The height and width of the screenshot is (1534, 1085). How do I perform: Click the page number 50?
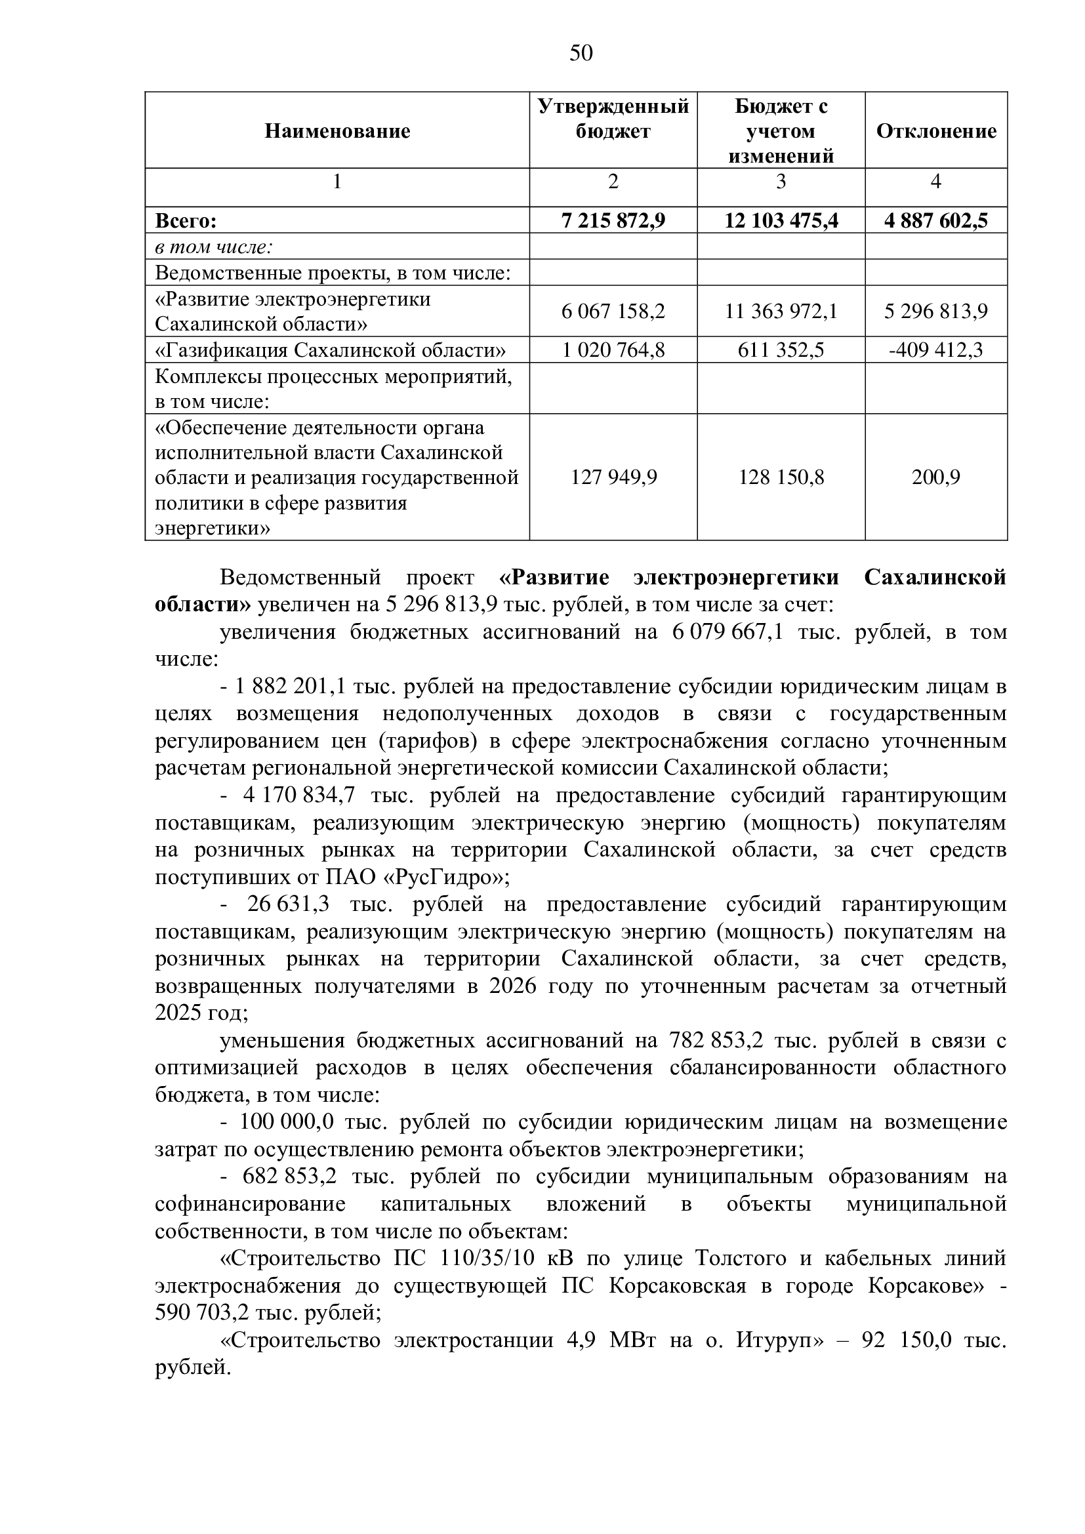[581, 52]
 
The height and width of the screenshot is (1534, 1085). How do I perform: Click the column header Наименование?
[337, 131]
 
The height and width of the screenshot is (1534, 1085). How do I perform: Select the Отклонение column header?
[935, 131]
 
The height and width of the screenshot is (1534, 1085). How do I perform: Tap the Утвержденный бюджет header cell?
[613, 119]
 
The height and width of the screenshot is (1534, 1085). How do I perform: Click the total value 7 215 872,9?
[613, 220]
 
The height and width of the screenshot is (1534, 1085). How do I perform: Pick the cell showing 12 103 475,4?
[781, 220]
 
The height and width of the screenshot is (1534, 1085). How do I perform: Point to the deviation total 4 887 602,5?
[935, 220]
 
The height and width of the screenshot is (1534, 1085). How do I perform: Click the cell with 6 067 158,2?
[613, 312]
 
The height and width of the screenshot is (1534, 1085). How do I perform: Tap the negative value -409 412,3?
[935, 350]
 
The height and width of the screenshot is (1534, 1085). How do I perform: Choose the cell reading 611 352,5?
[781, 350]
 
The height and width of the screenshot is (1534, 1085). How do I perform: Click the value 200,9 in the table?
[935, 477]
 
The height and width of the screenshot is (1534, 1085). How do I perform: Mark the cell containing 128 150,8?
[781, 477]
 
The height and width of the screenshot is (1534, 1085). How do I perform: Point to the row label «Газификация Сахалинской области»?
[330, 350]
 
